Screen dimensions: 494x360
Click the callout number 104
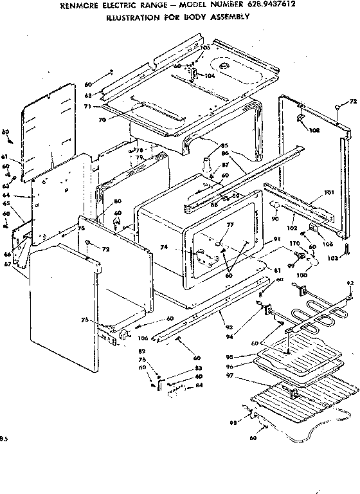(x=210, y=75)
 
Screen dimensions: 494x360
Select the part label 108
(x=314, y=130)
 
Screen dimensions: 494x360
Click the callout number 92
(x=350, y=282)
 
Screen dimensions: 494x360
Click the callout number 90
(x=274, y=219)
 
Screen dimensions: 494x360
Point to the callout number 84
(x=199, y=386)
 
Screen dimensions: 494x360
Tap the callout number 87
(x=225, y=166)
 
